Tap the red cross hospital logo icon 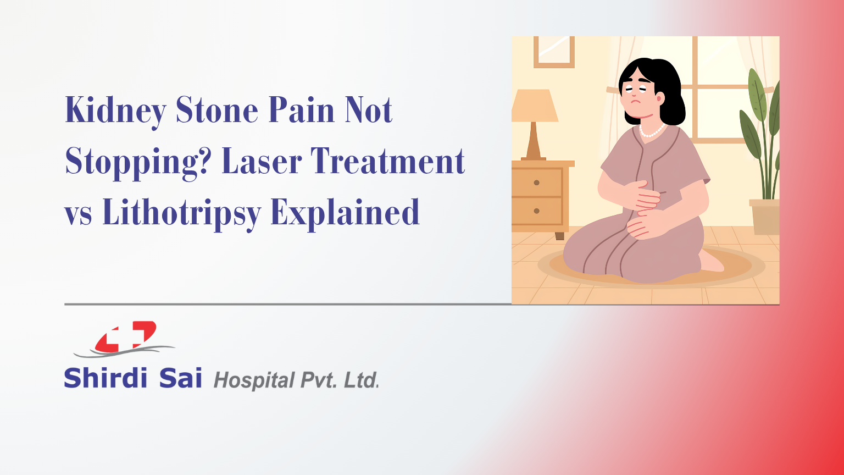125,336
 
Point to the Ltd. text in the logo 361,380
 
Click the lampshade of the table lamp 534,106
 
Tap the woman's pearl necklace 652,131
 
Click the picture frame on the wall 554,51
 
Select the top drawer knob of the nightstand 536,183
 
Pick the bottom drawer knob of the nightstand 536,211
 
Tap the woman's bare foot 712,263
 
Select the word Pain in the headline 301,111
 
